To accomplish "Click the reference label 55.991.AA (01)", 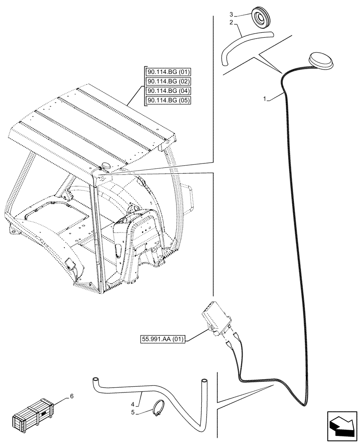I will [163, 339].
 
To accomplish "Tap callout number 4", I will [133, 404].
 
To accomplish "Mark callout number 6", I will [71, 397].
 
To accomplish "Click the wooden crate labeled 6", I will [33, 416].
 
